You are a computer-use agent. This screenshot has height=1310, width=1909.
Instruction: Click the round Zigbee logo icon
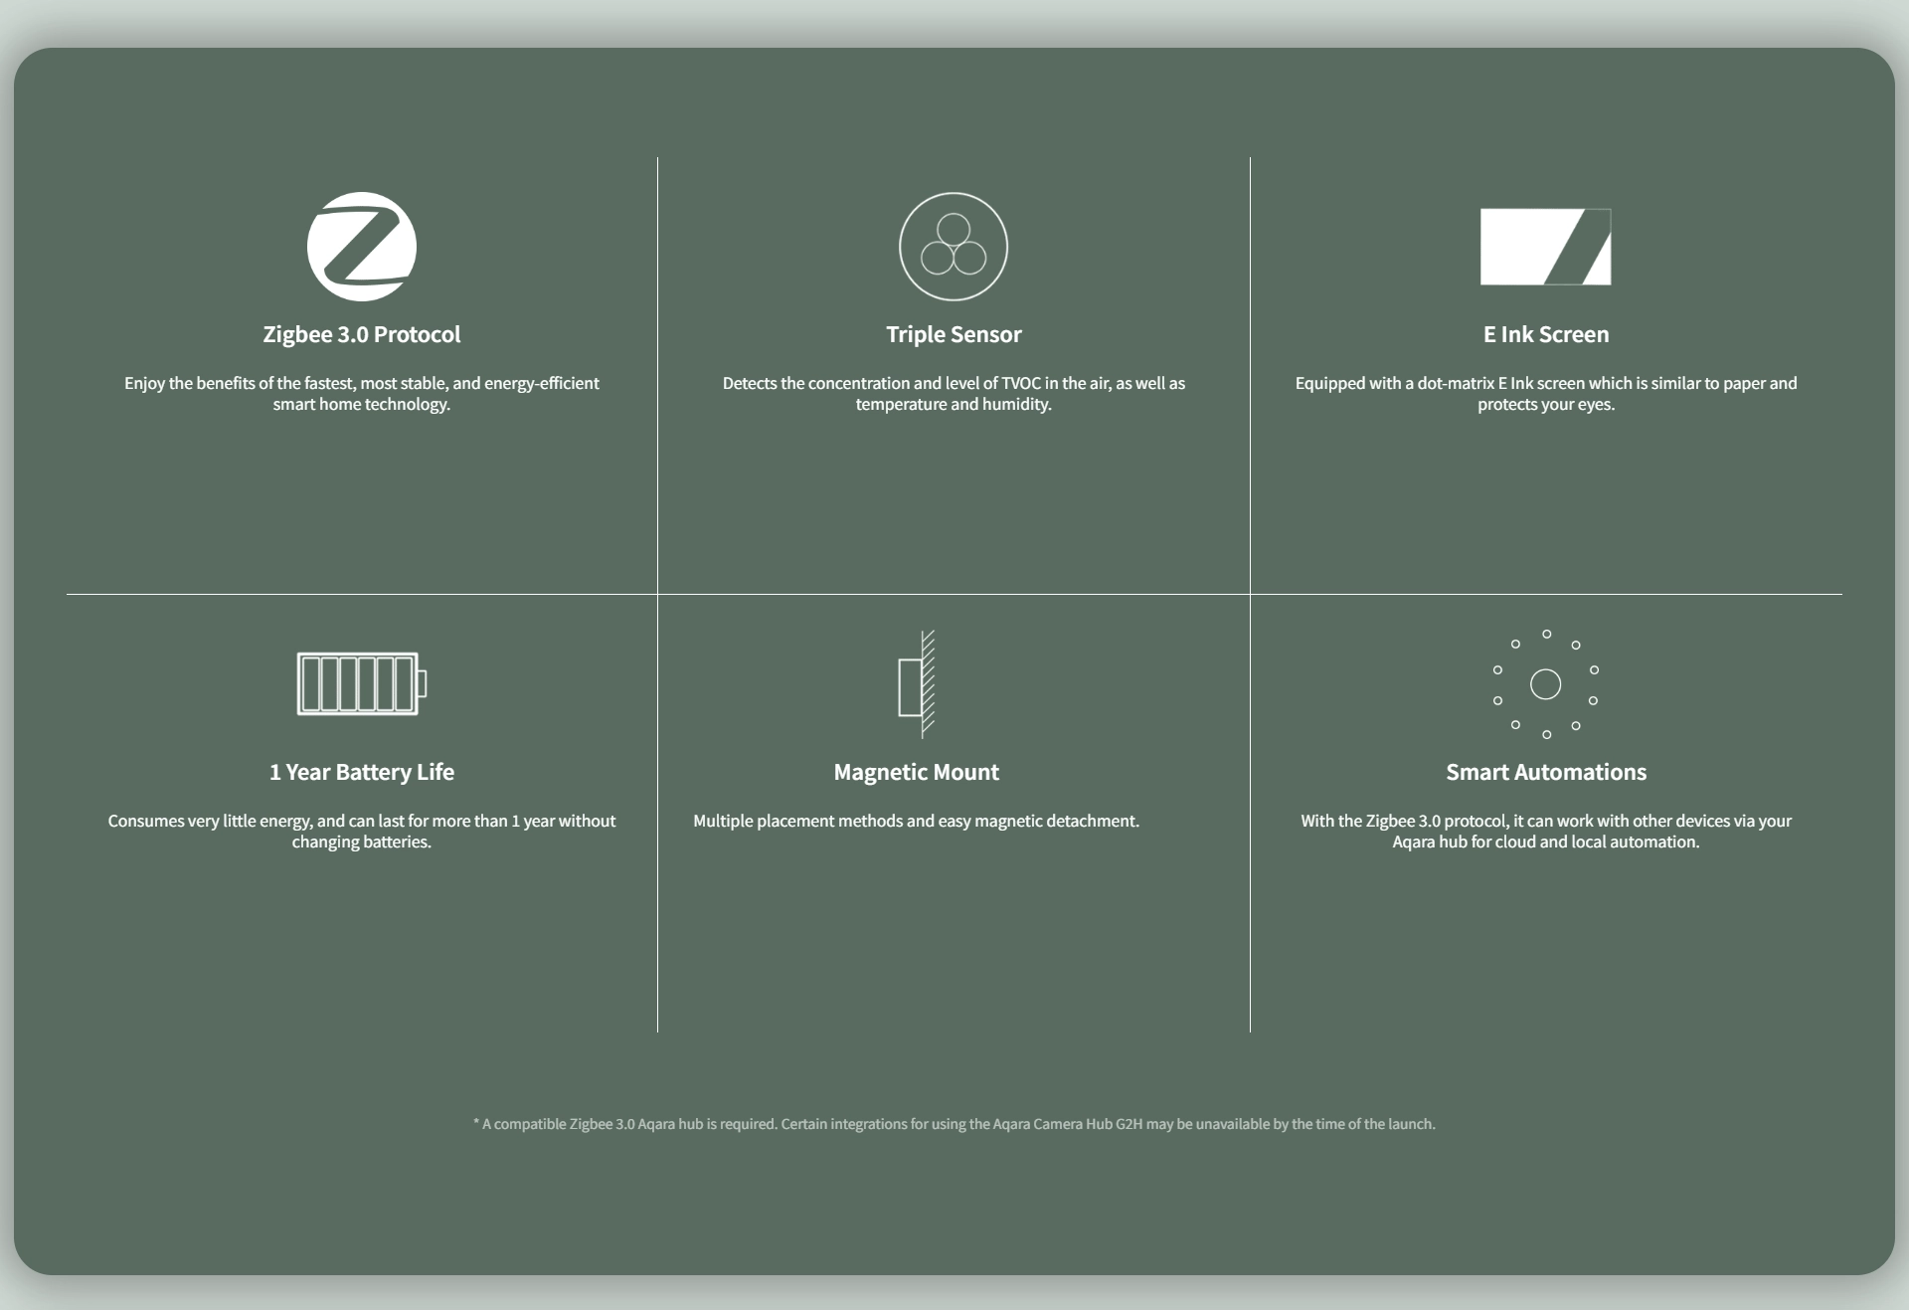click(362, 247)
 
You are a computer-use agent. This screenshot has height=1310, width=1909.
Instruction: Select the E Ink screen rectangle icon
click(1545, 247)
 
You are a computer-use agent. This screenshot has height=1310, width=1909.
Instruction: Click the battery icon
click(362, 683)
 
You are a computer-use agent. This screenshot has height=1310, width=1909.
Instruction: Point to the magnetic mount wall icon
click(917, 684)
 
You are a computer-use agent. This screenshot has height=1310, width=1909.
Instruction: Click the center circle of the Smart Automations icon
click(1545, 684)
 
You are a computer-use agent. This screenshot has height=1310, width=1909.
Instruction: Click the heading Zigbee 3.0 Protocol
click(362, 334)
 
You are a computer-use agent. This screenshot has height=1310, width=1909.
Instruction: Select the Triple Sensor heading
click(954, 334)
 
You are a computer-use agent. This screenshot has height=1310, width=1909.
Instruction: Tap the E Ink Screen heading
click(1546, 334)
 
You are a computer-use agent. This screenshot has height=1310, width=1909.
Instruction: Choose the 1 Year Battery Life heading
click(362, 772)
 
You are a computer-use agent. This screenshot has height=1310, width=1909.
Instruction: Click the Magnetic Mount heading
click(917, 772)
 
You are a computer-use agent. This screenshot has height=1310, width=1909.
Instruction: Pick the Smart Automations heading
click(1546, 772)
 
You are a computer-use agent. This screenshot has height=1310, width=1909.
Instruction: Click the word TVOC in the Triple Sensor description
click(1021, 383)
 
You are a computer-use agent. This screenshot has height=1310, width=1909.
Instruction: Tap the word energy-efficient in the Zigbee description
click(542, 384)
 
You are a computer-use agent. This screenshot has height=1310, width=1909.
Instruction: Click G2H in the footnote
click(1128, 1124)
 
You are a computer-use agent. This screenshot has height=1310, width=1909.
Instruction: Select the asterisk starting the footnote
click(476, 1122)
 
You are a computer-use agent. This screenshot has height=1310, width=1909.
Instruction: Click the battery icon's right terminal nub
click(423, 683)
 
